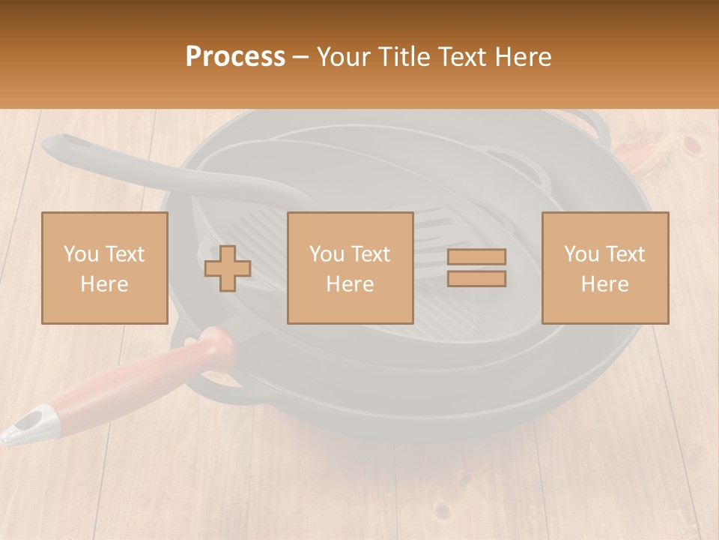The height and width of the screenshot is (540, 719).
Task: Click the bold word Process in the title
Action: (235, 57)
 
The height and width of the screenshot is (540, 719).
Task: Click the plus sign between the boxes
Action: (228, 268)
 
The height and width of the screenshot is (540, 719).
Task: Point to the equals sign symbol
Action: (476, 268)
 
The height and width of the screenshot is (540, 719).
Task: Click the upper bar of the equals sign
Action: (476, 257)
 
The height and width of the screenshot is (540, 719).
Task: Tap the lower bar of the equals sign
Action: (476, 278)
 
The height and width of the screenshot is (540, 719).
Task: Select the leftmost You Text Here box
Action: (105, 268)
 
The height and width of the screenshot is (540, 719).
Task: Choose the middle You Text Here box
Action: (350, 268)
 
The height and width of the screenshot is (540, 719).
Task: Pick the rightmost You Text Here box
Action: (604, 268)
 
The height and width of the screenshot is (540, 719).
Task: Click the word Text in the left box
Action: (124, 254)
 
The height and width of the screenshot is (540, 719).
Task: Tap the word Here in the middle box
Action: (350, 283)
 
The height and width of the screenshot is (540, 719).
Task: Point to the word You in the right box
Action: (582, 254)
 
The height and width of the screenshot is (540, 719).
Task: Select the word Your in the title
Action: (342, 57)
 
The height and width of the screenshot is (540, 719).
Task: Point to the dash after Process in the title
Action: (301, 57)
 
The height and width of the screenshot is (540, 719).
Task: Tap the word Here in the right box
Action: (604, 283)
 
